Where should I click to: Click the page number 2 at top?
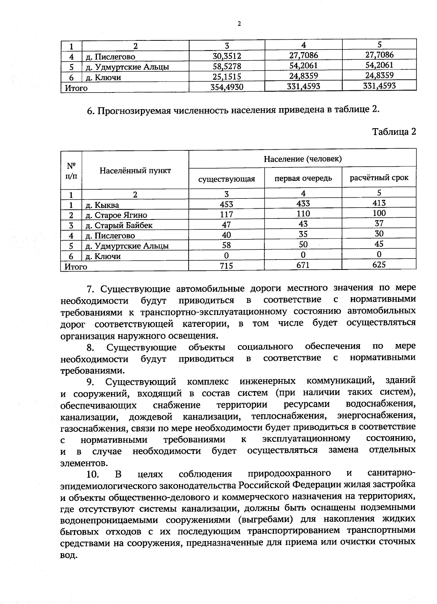click(x=239, y=24)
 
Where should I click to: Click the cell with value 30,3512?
click(x=227, y=56)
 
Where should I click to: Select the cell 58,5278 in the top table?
click(x=227, y=66)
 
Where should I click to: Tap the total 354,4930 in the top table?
click(x=227, y=87)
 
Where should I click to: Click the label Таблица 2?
click(x=394, y=131)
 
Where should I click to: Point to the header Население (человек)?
click(x=303, y=159)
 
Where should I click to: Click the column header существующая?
click(x=227, y=179)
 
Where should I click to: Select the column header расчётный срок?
click(x=379, y=178)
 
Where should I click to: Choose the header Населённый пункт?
click(x=135, y=170)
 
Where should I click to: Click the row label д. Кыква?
click(x=102, y=205)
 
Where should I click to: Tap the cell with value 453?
click(x=227, y=204)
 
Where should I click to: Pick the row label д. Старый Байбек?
click(x=119, y=225)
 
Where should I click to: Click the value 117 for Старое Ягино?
click(x=227, y=214)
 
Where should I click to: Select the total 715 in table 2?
click(x=227, y=266)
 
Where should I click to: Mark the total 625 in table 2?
click(x=379, y=265)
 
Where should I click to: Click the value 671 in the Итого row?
click(x=303, y=265)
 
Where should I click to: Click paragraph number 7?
click(x=91, y=289)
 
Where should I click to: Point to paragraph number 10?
click(x=93, y=474)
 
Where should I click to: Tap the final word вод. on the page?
click(x=69, y=556)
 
